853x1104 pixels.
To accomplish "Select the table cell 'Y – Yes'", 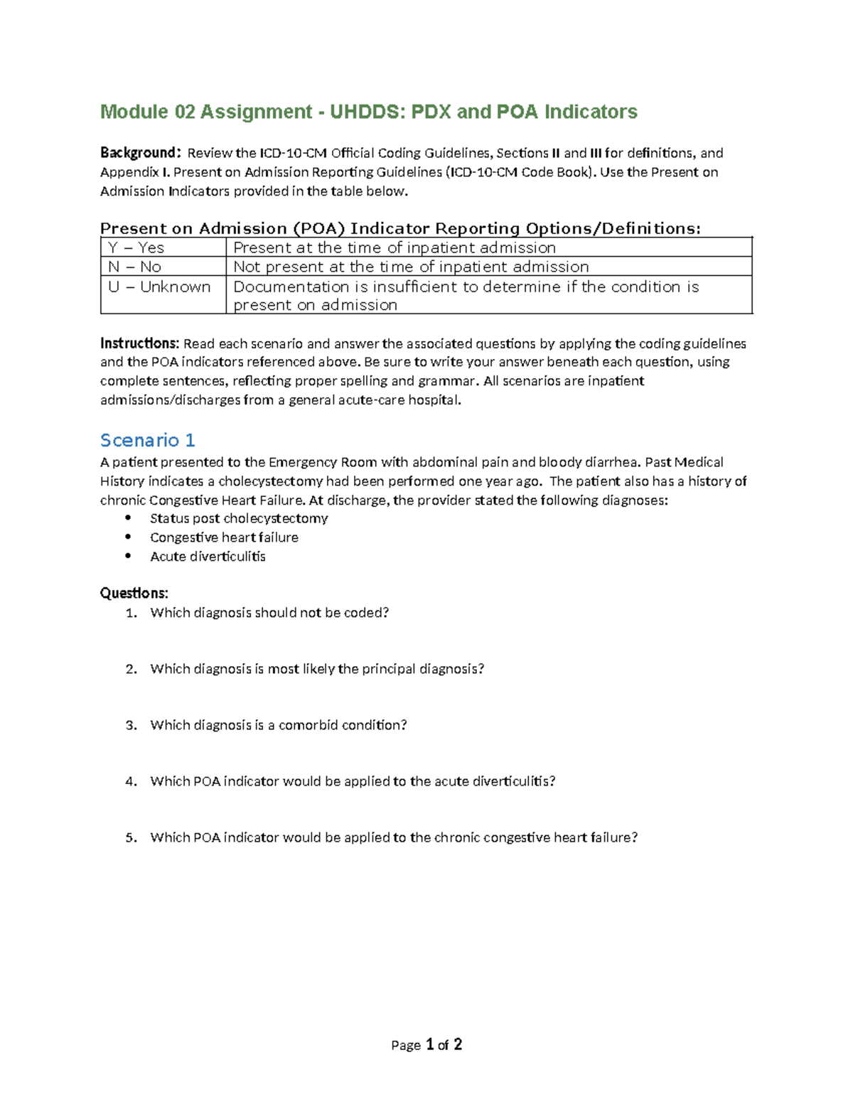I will point(136,247).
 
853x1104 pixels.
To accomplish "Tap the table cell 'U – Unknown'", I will point(159,286).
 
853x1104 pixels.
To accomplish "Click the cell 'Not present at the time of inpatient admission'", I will point(411,267).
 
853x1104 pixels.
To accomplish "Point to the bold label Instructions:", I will point(139,343).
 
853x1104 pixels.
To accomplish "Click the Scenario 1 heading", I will point(148,440).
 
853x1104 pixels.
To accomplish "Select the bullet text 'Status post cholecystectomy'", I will point(239,518).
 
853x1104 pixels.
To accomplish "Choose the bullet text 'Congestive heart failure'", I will point(224,537).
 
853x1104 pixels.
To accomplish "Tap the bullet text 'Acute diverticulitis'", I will point(208,557).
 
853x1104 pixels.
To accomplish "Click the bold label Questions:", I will point(134,593).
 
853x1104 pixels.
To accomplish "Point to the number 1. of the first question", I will point(131,613).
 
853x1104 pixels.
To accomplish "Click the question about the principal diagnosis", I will point(317,669).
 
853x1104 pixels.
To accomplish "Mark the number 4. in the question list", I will point(131,781).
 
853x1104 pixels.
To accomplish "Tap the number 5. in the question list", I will point(131,837).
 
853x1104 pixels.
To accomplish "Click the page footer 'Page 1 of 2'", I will point(426,1044).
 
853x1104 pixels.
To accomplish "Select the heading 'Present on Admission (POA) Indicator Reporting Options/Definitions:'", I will point(400,228).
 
